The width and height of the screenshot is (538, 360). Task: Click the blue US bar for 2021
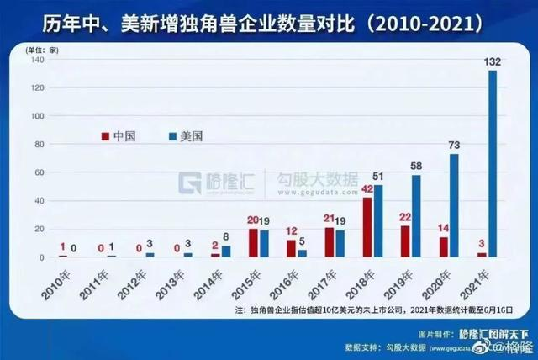(493, 163)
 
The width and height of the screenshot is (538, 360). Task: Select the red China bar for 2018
(367, 227)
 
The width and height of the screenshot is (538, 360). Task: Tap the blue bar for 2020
(454, 205)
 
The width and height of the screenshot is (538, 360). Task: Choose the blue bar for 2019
(416, 215)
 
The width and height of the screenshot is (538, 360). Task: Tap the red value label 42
(367, 189)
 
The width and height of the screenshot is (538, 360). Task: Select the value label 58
(416, 167)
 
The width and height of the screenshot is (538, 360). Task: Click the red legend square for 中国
(105, 135)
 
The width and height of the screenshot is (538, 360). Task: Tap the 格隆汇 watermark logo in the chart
(219, 180)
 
